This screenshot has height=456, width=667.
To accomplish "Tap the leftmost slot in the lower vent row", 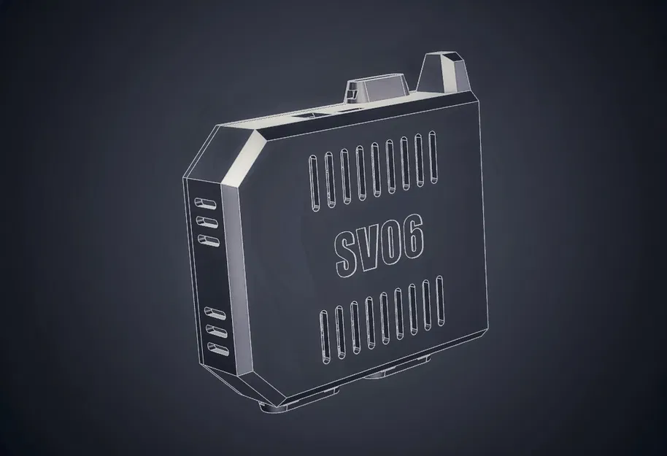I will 324,336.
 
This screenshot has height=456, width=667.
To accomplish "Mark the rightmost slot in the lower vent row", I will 442,304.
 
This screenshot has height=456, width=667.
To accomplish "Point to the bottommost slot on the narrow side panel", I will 215,349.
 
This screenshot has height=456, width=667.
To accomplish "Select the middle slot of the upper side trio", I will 206,220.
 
